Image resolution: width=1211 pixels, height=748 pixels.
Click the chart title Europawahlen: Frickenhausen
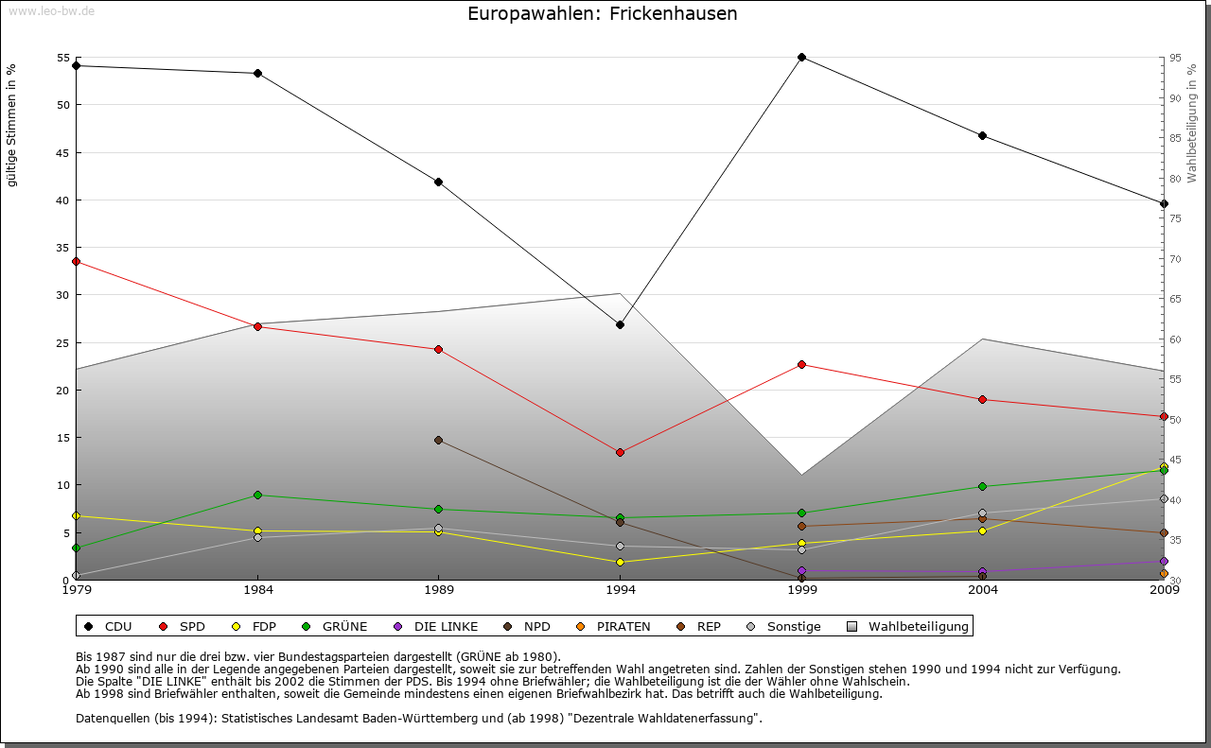coord(602,14)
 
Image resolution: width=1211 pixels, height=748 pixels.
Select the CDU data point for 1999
coord(801,58)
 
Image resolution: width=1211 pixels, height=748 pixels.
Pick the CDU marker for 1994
coord(620,324)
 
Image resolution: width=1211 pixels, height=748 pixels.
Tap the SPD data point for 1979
coord(76,261)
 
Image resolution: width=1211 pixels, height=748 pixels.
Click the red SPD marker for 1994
coord(620,452)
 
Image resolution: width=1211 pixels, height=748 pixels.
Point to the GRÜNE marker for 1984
coord(257,495)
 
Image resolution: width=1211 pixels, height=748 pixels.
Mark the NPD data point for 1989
coord(438,440)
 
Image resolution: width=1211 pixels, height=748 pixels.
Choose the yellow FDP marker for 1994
coord(620,562)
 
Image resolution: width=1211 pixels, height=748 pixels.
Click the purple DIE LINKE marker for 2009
coord(1164,561)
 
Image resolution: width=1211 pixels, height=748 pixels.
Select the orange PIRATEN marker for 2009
coord(1164,573)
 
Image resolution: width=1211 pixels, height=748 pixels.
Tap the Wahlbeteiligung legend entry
coord(907,626)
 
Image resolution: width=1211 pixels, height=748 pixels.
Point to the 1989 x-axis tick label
coord(438,591)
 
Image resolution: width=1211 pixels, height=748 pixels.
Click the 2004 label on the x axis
coord(983,591)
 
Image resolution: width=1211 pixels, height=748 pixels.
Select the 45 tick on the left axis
coord(64,152)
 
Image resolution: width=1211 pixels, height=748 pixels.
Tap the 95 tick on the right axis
coord(1175,58)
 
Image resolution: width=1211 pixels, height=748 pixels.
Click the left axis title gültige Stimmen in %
coord(11,125)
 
